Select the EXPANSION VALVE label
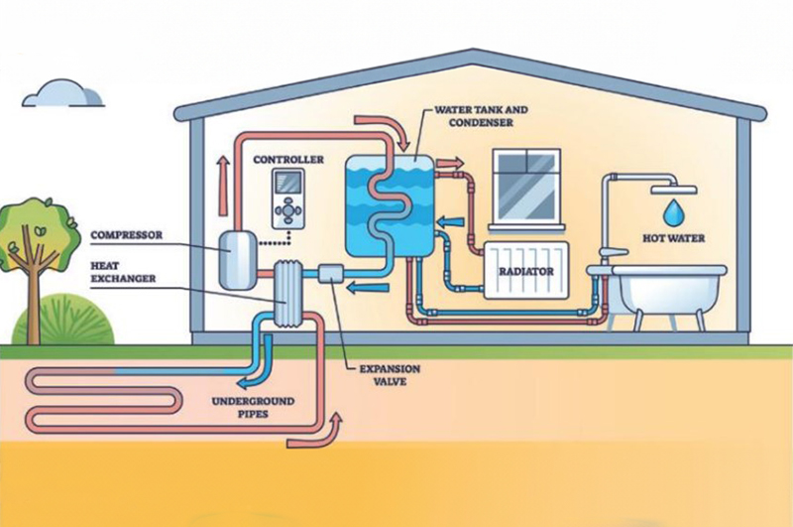click(x=384, y=374)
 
